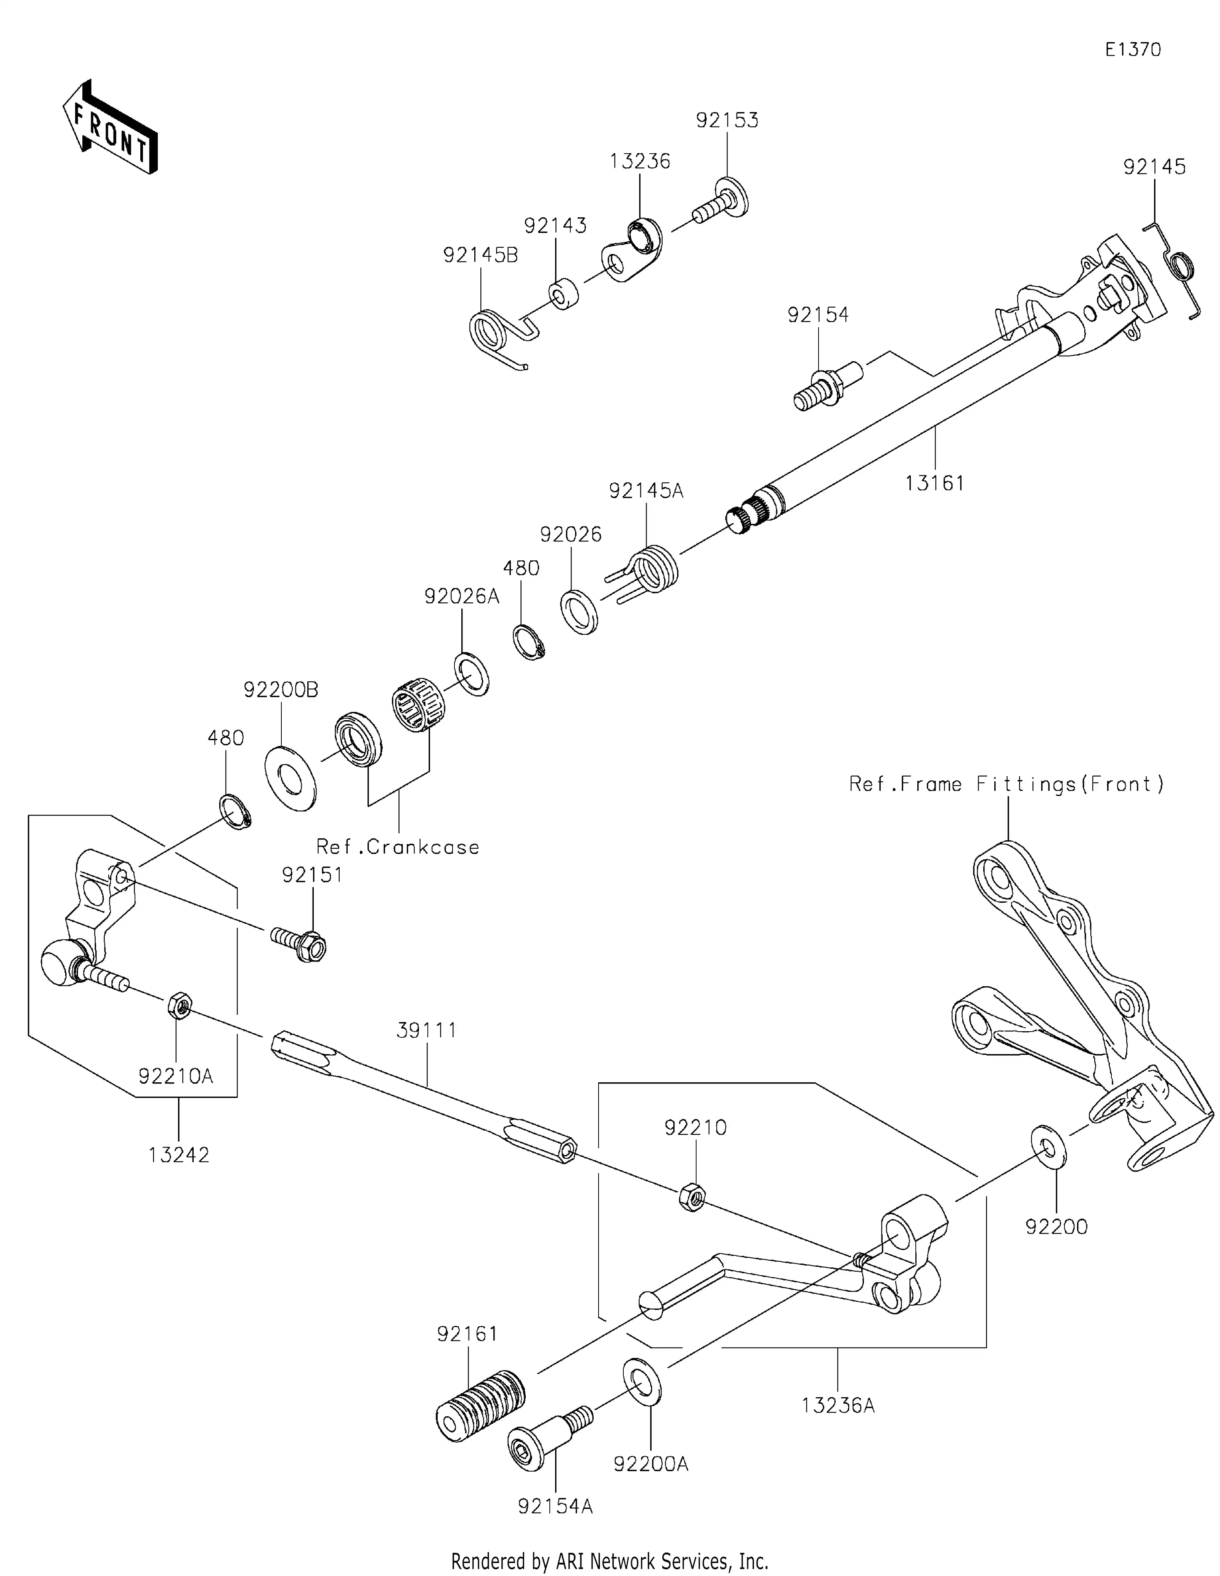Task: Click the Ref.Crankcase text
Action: [398, 846]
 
